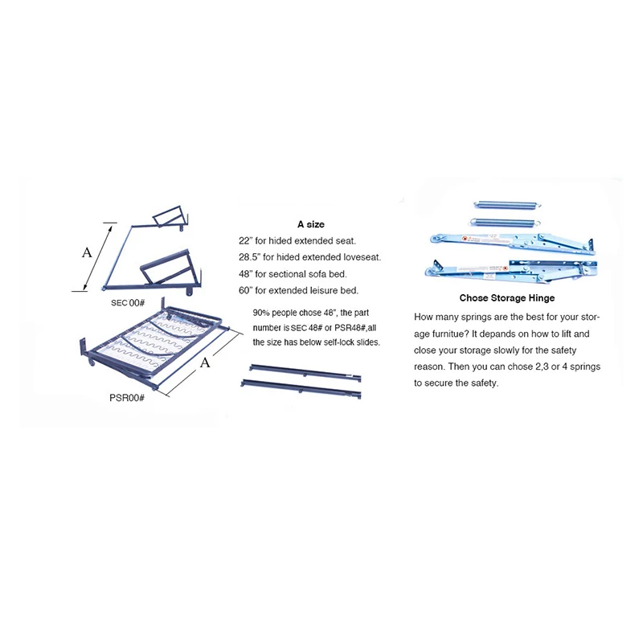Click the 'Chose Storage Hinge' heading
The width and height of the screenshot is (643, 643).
(x=507, y=298)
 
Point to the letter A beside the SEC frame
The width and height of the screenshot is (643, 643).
(x=87, y=252)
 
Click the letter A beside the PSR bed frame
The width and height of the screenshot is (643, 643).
(x=205, y=362)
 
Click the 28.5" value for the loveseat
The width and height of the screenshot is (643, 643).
(x=251, y=258)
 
